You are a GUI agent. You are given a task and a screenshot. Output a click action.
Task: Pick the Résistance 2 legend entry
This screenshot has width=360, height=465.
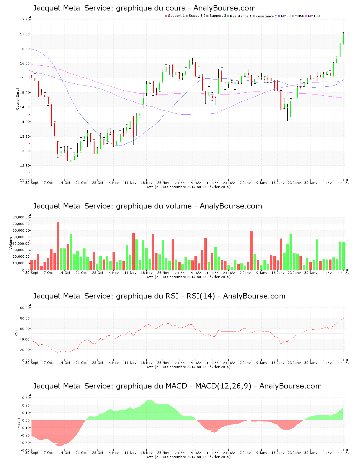(x=266, y=16)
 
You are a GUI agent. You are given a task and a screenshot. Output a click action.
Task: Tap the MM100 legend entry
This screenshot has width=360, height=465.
(x=314, y=16)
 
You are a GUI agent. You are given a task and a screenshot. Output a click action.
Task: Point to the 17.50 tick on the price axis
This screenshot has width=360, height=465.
(x=25, y=20)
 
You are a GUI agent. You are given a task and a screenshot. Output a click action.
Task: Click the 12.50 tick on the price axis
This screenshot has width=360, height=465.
(x=25, y=166)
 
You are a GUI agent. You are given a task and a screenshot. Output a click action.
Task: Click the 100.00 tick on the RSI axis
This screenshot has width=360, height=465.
(x=24, y=308)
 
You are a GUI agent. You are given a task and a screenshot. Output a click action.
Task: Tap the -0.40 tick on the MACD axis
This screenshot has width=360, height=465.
(x=25, y=450)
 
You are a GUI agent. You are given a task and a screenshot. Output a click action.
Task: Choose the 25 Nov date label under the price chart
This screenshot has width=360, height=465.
(x=163, y=183)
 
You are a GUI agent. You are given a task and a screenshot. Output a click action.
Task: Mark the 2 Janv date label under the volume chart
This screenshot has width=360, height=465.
(x=245, y=273)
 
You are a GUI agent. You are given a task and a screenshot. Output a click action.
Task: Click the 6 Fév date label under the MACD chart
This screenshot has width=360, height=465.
(x=327, y=453)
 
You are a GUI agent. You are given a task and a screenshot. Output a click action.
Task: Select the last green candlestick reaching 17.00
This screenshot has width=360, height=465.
(x=343, y=38)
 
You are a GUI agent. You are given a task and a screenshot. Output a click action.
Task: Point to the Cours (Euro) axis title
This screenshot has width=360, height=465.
(x=17, y=99)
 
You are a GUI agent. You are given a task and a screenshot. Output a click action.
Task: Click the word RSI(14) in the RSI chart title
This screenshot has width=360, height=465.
(x=201, y=296)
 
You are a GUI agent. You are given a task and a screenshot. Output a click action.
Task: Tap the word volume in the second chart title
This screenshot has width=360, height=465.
(x=179, y=206)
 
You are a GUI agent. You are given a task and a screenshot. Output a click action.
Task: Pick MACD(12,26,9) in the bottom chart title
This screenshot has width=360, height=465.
(x=223, y=386)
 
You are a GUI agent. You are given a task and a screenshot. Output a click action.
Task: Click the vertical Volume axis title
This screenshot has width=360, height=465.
(x=11, y=243)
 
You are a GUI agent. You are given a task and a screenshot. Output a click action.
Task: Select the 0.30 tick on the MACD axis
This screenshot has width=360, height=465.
(x=26, y=398)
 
